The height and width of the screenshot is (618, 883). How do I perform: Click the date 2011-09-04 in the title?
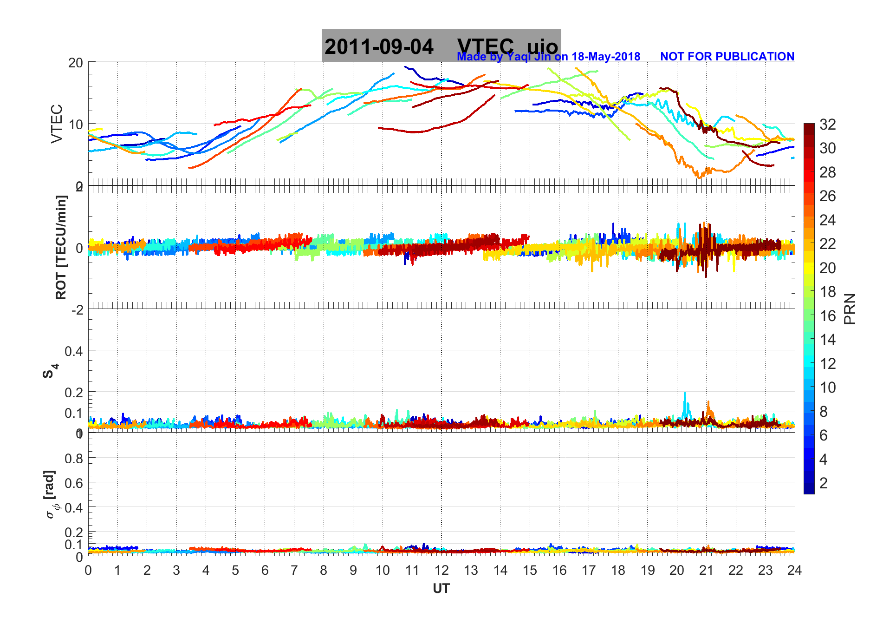(x=379, y=47)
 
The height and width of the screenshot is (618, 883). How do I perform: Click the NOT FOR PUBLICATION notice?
(x=727, y=57)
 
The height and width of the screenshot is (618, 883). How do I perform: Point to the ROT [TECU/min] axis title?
(x=61, y=247)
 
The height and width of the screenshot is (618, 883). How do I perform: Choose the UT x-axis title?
(x=441, y=589)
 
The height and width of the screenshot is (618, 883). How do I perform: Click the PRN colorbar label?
(x=850, y=309)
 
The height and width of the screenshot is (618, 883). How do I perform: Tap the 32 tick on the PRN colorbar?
(x=827, y=125)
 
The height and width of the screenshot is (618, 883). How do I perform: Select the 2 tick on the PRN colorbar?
(x=823, y=483)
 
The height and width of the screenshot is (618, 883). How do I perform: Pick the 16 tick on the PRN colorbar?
(x=827, y=316)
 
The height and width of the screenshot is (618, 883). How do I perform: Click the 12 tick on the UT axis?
(x=441, y=571)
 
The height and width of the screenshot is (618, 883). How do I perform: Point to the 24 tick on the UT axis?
(x=794, y=571)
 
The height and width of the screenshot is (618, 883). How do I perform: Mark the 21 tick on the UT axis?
(x=706, y=571)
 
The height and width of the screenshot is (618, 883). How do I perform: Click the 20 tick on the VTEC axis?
(x=75, y=63)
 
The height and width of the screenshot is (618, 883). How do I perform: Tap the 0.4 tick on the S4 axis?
(x=73, y=351)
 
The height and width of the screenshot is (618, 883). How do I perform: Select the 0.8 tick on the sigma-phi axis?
(x=73, y=459)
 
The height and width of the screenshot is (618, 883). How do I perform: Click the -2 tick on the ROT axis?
(x=77, y=310)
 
